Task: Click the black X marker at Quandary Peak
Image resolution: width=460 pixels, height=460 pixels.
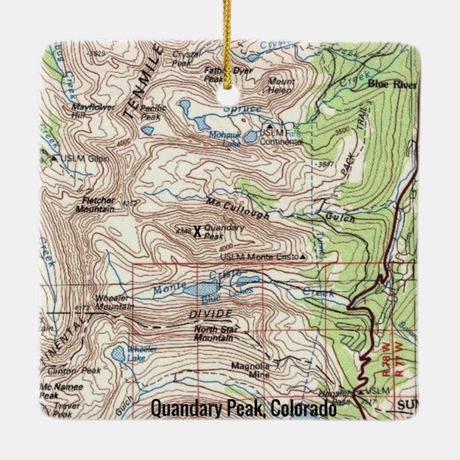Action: [197, 231]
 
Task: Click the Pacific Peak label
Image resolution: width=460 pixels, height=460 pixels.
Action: [154, 112]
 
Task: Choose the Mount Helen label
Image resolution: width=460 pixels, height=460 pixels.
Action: [281, 86]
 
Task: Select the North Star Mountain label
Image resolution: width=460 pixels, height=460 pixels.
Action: [214, 334]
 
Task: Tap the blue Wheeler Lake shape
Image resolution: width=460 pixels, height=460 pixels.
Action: [117, 353]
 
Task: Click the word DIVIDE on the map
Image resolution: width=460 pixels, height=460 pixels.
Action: [210, 314]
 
